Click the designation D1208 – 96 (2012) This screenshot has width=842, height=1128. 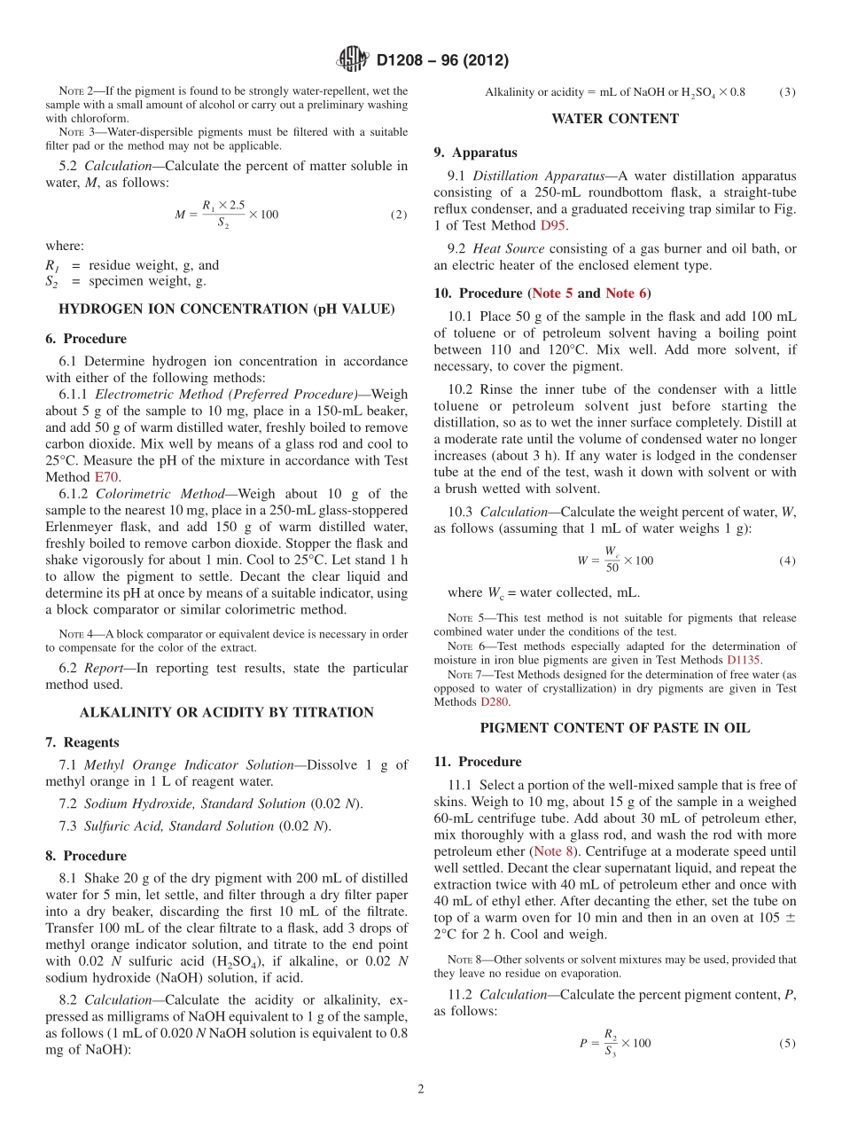click(442, 61)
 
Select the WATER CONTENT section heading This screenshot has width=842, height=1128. click(614, 119)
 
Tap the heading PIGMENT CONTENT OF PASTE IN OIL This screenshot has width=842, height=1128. click(614, 728)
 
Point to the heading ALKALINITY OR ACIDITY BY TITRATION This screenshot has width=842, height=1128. click(226, 712)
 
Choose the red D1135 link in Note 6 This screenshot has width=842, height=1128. click(744, 660)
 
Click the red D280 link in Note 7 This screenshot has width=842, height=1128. click(495, 701)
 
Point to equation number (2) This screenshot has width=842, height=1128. click(399, 215)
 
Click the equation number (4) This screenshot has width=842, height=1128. click(787, 561)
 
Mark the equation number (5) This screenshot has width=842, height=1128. click(787, 1044)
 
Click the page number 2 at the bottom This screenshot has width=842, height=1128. click(421, 1090)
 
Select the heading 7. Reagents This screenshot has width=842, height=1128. click(82, 742)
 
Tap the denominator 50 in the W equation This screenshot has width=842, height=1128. click(612, 568)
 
